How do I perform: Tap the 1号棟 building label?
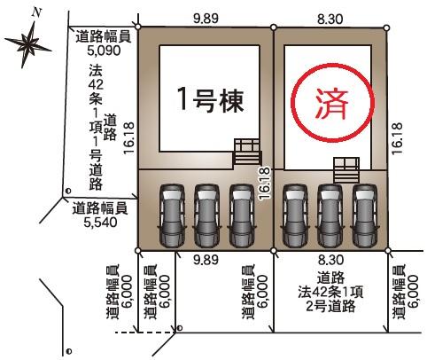click(211, 100)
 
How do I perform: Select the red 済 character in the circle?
click(332, 105)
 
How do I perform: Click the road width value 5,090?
click(104, 51)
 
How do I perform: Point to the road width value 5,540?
click(100, 223)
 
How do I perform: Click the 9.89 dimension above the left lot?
click(206, 19)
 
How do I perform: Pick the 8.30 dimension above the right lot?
click(330, 20)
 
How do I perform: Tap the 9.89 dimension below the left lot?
click(206, 260)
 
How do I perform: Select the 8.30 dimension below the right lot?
click(330, 260)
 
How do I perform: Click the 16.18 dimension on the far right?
click(398, 138)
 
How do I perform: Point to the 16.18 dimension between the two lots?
click(265, 183)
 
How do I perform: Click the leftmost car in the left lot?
click(172, 215)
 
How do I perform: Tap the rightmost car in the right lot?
click(365, 215)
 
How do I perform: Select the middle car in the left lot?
click(206, 215)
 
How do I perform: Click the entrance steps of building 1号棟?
click(247, 152)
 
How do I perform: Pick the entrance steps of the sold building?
click(346, 170)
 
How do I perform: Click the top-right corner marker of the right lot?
click(387, 28)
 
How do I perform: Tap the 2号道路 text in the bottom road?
click(330, 307)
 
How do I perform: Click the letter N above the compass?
click(36, 12)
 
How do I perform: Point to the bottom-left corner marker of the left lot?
click(138, 251)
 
